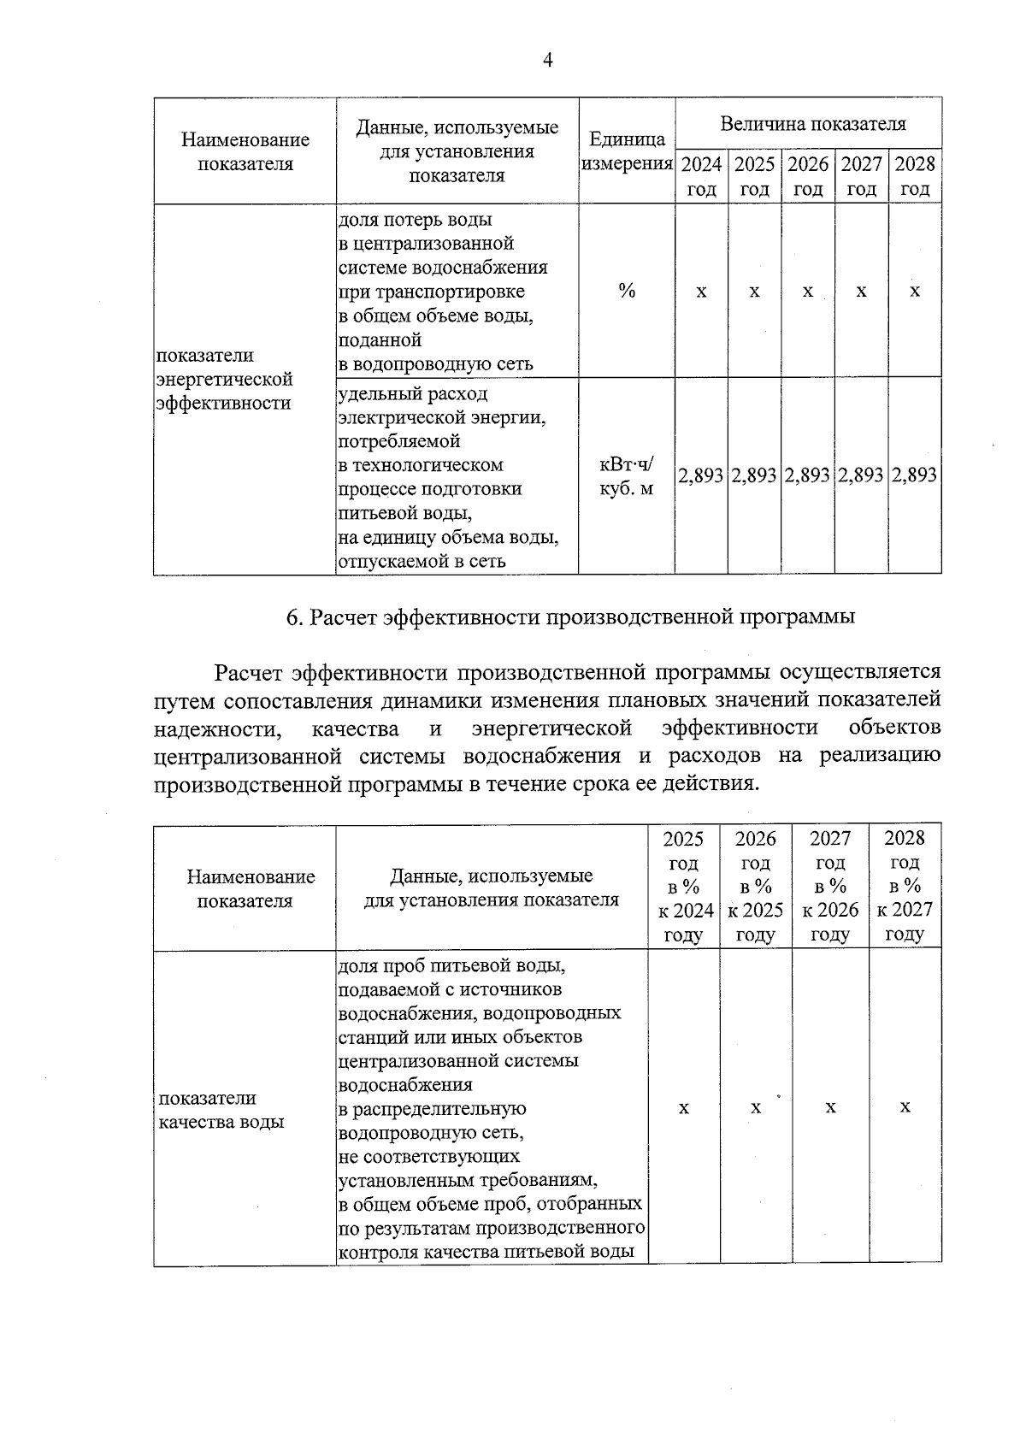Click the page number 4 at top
point(548,60)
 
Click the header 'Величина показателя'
point(811,124)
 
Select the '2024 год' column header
point(701,176)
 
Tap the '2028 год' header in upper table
point(915,176)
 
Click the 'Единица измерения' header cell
point(627,151)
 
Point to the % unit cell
point(627,292)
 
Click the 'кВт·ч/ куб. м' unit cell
point(627,476)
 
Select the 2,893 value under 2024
point(701,475)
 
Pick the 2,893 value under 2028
point(915,475)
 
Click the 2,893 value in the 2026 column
point(808,475)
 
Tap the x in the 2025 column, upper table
point(754,292)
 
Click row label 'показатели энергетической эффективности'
point(225,379)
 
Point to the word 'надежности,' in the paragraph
point(217,729)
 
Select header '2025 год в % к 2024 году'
point(684,887)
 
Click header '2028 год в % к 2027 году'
point(905,887)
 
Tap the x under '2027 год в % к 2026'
point(830,1108)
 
